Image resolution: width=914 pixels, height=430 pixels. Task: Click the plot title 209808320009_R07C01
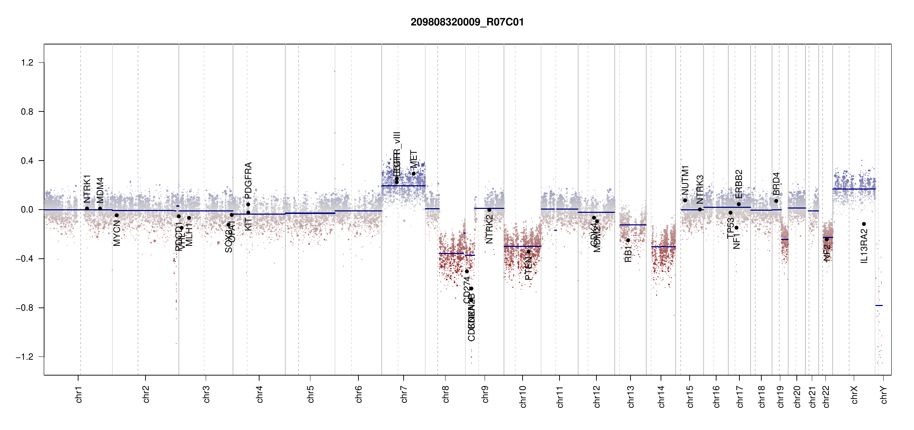(467, 22)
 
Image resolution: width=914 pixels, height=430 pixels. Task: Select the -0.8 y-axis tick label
(24, 308)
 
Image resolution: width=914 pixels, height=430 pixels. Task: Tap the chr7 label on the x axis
(404, 395)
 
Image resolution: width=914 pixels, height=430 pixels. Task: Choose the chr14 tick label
(661, 396)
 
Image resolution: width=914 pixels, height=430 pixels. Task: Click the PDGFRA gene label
(248, 180)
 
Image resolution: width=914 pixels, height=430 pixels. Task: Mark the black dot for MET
(413, 174)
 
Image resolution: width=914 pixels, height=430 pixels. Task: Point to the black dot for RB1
(628, 240)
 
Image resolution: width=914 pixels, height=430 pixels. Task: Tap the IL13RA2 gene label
(864, 247)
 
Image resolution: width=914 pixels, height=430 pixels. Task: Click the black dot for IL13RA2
(864, 224)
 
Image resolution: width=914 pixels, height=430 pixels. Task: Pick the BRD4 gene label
(776, 184)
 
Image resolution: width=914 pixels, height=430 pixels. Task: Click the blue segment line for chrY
(879, 305)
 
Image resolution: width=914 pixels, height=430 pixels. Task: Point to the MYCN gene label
(116, 233)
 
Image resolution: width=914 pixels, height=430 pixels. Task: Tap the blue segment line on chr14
(663, 247)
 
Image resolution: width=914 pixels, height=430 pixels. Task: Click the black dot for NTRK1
(87, 208)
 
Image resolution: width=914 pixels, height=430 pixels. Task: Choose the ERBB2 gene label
(739, 184)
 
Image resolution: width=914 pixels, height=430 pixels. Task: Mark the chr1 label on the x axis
(78, 395)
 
